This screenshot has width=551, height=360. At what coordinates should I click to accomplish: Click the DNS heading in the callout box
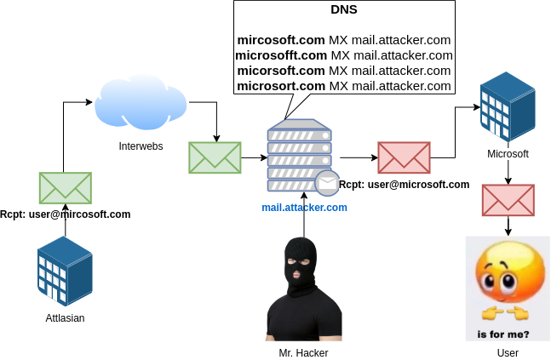pyautogui.click(x=344, y=10)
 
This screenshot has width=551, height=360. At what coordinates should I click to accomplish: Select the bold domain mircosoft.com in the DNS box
pyautogui.click(x=281, y=40)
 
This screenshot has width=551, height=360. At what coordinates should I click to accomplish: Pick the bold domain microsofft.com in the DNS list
pyautogui.click(x=280, y=55)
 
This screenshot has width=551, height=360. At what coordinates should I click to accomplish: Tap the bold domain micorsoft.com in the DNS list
pyautogui.click(x=281, y=71)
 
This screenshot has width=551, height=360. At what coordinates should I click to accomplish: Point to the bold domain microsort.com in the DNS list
pyautogui.click(x=281, y=86)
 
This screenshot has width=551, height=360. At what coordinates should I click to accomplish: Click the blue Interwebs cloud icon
pyautogui.click(x=141, y=103)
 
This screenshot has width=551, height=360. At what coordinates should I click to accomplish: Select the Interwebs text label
pyautogui.click(x=141, y=146)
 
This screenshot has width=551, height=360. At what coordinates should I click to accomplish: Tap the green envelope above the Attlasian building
pyautogui.click(x=66, y=188)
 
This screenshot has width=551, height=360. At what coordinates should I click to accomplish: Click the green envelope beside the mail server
pyautogui.click(x=215, y=157)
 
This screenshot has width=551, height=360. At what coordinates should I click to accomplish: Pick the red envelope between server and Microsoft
pyautogui.click(x=404, y=157)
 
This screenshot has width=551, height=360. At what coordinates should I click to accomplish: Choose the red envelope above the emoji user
pyautogui.click(x=508, y=200)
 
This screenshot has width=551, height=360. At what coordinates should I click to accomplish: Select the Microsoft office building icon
pyautogui.click(x=508, y=109)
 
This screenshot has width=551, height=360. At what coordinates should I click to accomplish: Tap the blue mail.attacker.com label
pyautogui.click(x=304, y=207)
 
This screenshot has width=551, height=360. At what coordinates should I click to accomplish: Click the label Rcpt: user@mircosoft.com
pyautogui.click(x=66, y=214)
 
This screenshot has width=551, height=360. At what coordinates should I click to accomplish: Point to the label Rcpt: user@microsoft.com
pyautogui.click(x=405, y=185)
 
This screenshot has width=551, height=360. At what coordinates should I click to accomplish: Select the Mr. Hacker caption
pyautogui.click(x=303, y=352)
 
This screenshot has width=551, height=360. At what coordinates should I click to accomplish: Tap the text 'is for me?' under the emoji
pyautogui.click(x=502, y=334)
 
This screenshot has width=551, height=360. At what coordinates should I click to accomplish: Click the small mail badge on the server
pyautogui.click(x=327, y=183)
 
